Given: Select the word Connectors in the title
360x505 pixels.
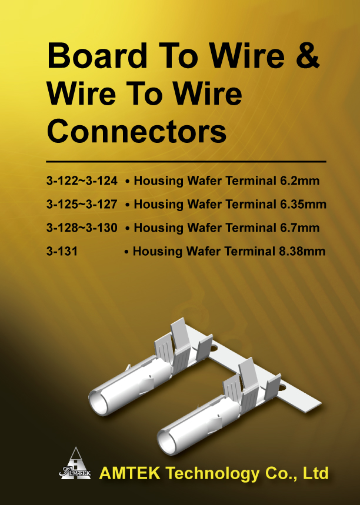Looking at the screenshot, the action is coord(136,131).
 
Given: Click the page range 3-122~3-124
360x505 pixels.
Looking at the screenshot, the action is coord(82,180).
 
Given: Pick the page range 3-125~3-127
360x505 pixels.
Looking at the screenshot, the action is coord(82,204).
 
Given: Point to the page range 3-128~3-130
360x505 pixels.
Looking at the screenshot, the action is coord(82,228).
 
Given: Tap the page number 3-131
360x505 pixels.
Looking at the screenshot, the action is coord(62,251).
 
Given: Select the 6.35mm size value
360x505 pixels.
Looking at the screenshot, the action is coord(303,204).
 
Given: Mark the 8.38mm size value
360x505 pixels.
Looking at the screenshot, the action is coord(302,251).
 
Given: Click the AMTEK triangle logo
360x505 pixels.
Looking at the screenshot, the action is coord(75,463).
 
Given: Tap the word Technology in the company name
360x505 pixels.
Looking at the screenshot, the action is coord(213,474).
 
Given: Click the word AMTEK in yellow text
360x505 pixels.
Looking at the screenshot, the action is coord(130,473).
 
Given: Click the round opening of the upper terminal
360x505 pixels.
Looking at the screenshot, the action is coord(99,403).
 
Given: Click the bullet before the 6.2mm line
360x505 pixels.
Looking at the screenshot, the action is coord(128,182).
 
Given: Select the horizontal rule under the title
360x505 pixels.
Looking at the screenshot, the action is coord(186,161).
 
